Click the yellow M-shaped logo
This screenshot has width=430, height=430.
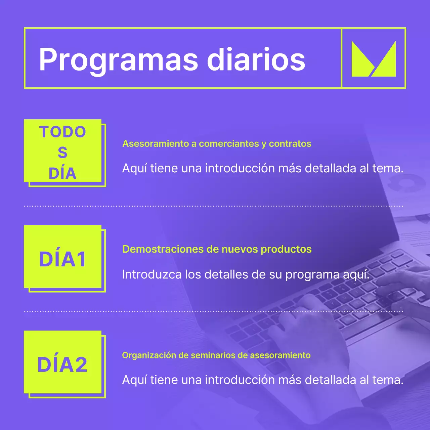[x=374, y=59]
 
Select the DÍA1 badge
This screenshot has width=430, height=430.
[x=63, y=259]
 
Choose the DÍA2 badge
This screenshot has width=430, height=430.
[x=63, y=364]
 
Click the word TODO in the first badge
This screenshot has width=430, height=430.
[x=63, y=132]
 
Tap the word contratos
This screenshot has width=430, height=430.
[x=290, y=144]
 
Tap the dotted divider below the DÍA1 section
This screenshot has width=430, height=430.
[x=214, y=311]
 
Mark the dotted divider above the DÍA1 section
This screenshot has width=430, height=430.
[x=214, y=206]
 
